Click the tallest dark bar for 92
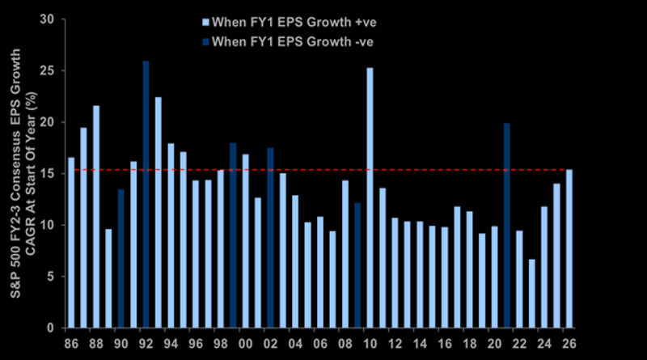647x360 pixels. coord(146,194)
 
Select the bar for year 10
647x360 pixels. coord(370,198)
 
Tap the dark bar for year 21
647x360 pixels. coord(507,226)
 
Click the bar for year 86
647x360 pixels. coord(71,243)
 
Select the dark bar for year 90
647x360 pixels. coord(121,259)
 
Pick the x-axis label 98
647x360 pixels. coord(221,344)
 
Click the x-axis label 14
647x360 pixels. coord(420,344)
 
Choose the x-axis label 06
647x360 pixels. coord(320,344)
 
